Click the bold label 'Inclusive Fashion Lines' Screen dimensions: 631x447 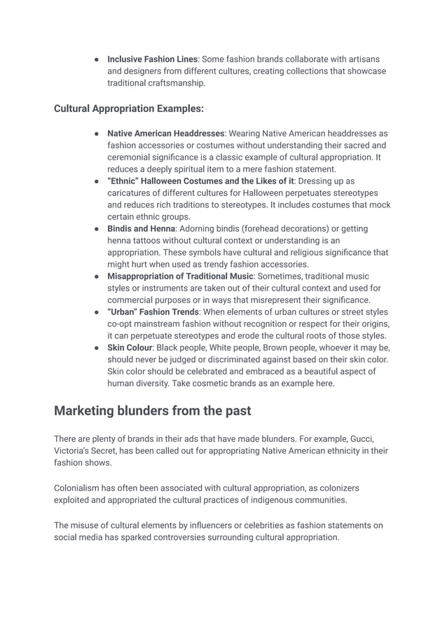point(152,59)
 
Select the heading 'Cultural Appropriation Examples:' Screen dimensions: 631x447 point(129,109)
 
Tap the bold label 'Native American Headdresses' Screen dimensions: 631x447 point(165,133)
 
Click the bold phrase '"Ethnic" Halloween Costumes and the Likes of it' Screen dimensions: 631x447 point(200,181)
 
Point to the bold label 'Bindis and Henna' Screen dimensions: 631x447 point(139,228)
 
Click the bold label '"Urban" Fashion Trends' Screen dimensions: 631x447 point(153,312)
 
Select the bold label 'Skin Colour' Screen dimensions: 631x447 point(130,347)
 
